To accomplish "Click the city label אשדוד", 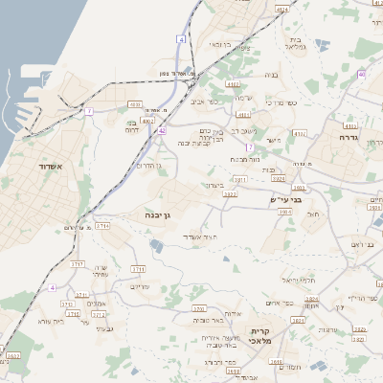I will (51, 167).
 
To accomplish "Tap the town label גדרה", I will (347, 138).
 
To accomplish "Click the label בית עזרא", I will (50, 322).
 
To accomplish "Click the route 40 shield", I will (361, 74).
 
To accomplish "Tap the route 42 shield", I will (163, 130).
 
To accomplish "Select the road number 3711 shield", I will (139, 269).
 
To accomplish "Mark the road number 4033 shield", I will (136, 104).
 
